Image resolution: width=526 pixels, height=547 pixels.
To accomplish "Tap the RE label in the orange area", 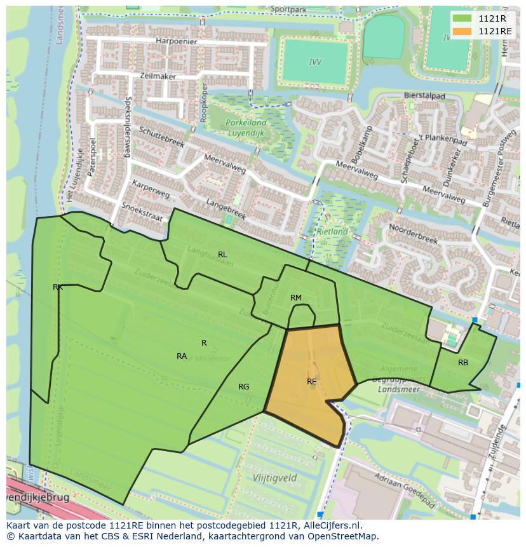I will pos(311,382).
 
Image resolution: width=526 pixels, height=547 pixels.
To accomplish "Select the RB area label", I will pos(463,363).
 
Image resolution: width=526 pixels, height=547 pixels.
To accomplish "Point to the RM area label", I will pos(296,298).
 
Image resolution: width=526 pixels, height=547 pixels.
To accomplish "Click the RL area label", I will pos(222,255).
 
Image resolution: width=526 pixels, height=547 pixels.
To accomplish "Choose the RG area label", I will pos(243,387).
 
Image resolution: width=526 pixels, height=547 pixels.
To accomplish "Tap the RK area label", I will pos(58,287).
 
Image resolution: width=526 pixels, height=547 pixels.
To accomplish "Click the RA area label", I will pos(182,356).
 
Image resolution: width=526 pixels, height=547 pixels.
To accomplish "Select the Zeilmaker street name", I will pos(158,76).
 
